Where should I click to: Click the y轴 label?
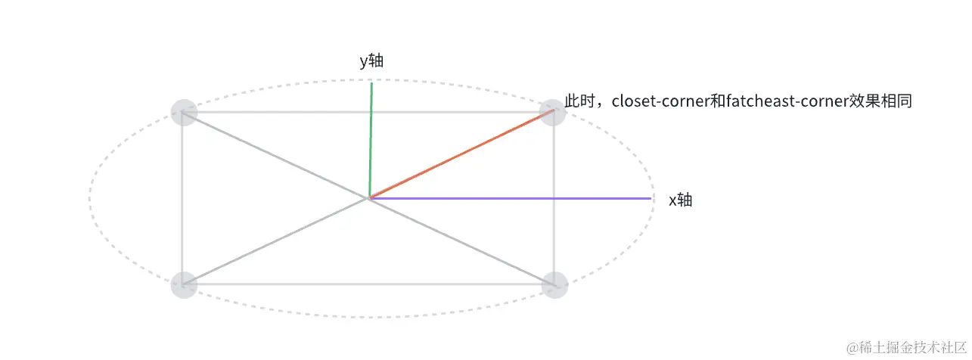click(371, 62)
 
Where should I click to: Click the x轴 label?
click(680, 200)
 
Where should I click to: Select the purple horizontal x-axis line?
click(514, 198)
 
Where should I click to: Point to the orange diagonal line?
click(461, 155)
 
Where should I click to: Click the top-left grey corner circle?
click(184, 113)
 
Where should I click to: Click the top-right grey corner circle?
click(553, 113)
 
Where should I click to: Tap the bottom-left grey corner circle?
click(184, 285)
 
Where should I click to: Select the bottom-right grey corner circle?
click(554, 285)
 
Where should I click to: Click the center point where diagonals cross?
click(369, 198)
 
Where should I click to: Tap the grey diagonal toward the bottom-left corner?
click(276, 241)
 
